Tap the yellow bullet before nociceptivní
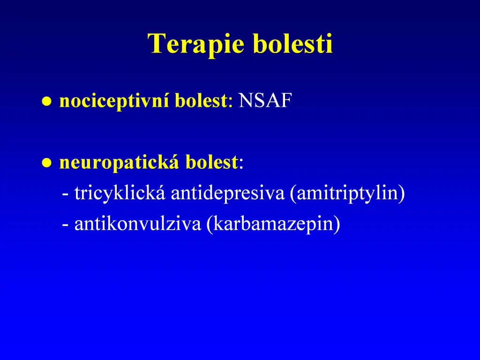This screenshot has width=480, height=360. click(46, 101)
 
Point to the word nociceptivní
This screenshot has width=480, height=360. click(114, 101)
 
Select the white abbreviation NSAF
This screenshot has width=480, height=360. click(265, 100)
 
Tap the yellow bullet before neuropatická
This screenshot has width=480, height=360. click(46, 163)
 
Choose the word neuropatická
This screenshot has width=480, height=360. click(119, 163)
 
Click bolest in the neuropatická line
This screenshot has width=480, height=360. click(211, 162)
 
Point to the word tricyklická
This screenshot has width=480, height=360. click(120, 194)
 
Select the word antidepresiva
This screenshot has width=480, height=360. click(227, 194)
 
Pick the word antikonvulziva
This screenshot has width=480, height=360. click(138, 224)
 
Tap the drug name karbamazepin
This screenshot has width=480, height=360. click(273, 224)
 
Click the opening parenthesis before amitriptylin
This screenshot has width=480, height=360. click(293, 194)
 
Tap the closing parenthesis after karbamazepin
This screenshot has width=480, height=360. click(337, 225)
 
